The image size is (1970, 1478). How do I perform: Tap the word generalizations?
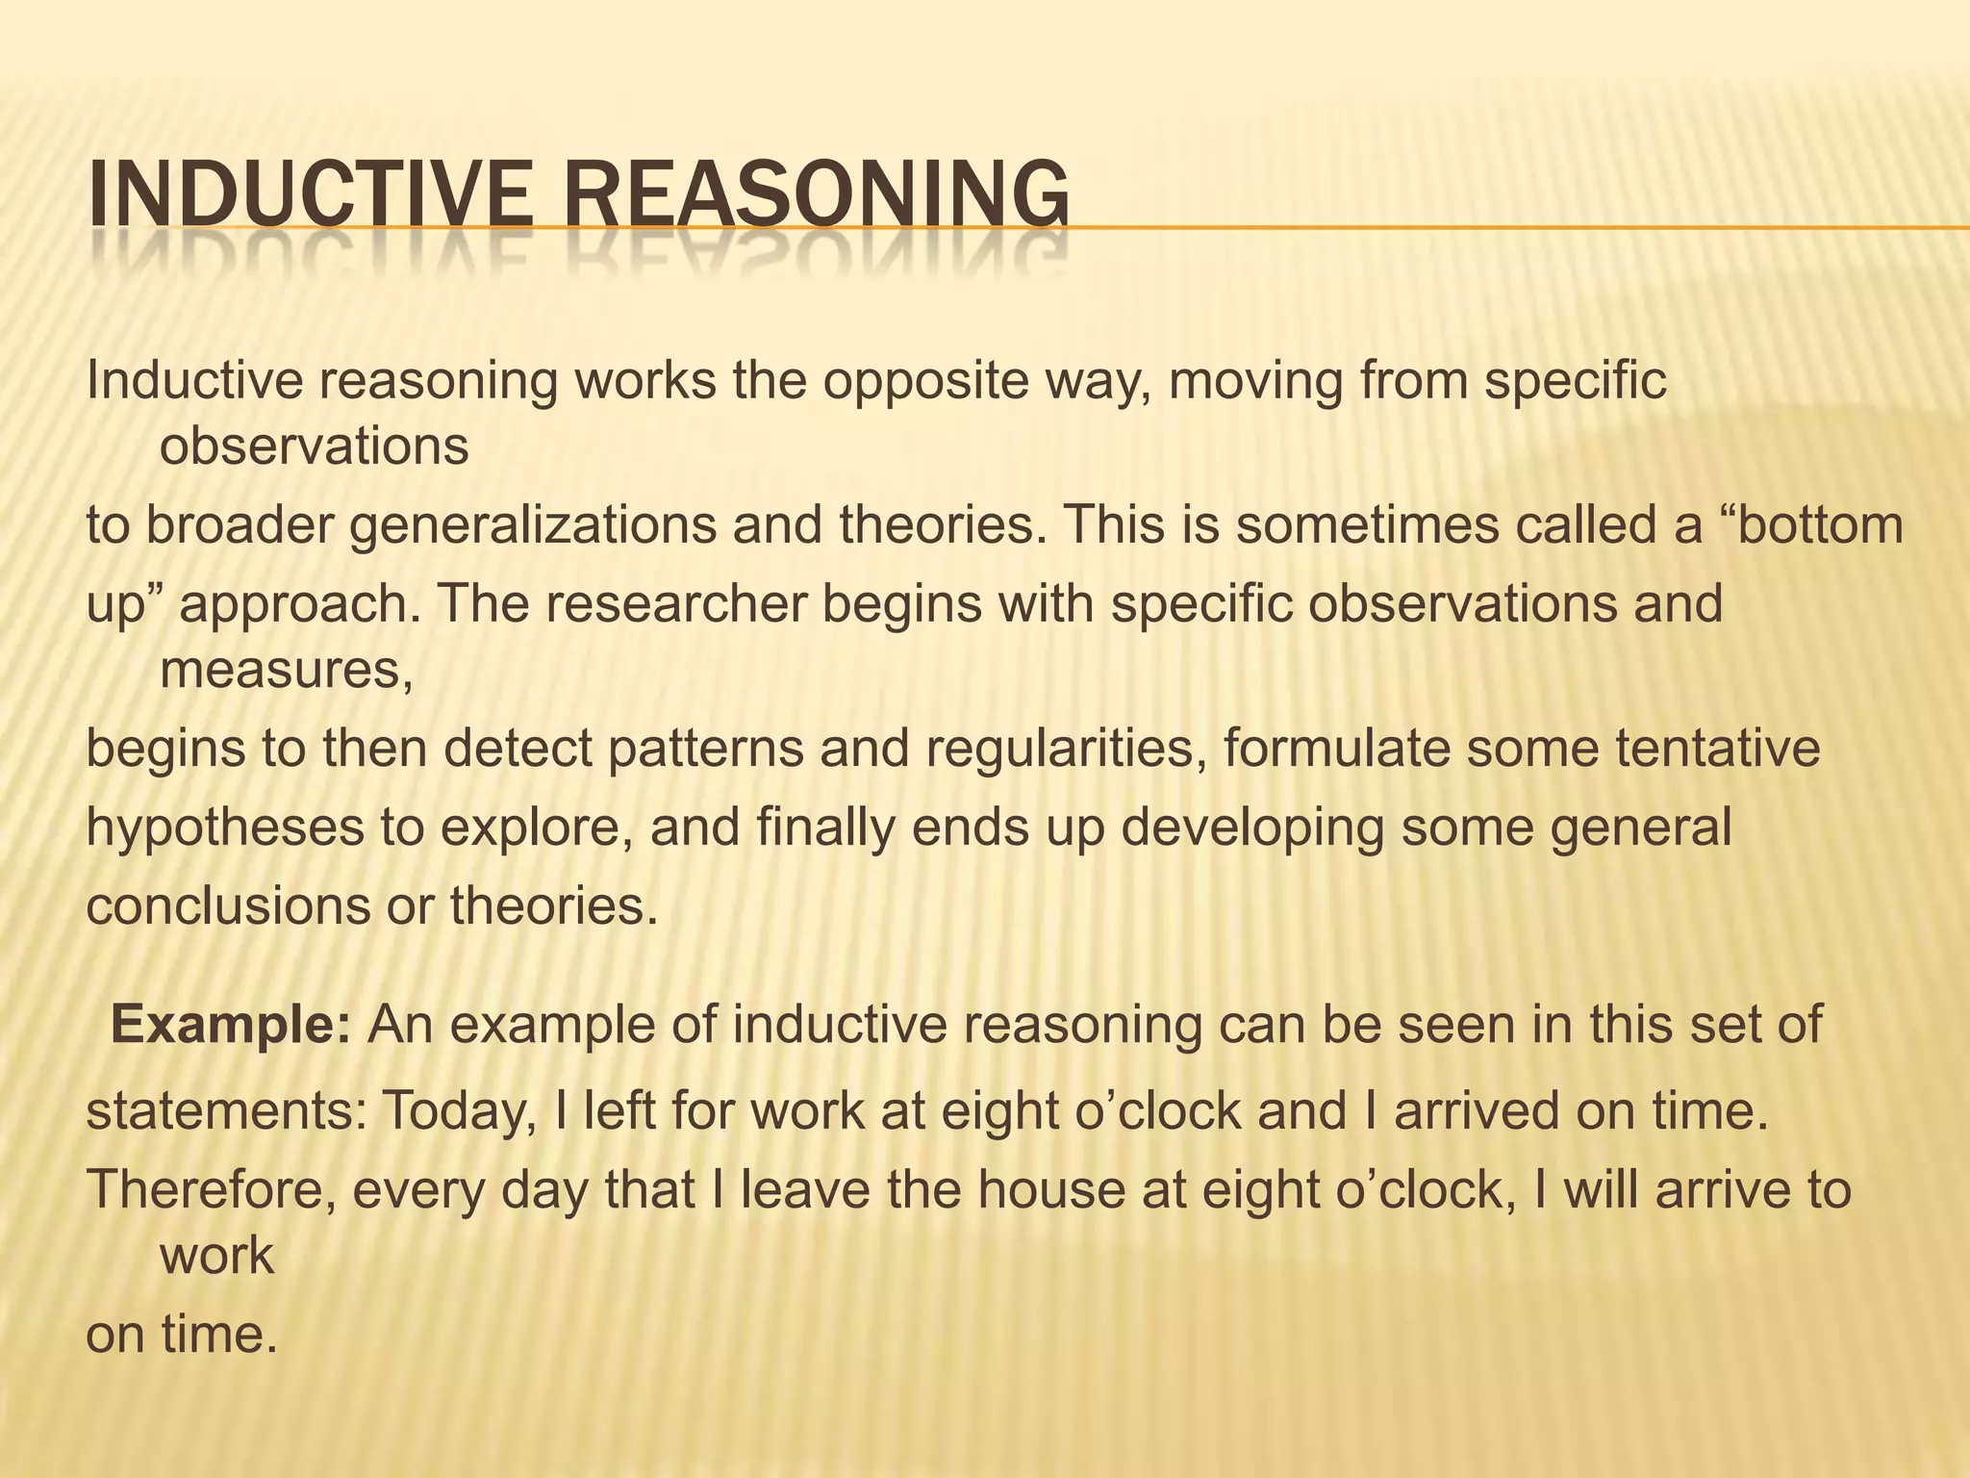(x=533, y=525)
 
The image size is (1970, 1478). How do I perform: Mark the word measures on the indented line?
(x=286, y=669)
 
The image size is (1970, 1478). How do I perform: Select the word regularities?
(x=1065, y=748)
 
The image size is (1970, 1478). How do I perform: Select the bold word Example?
(x=231, y=1025)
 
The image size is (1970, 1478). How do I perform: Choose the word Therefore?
(x=212, y=1190)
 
